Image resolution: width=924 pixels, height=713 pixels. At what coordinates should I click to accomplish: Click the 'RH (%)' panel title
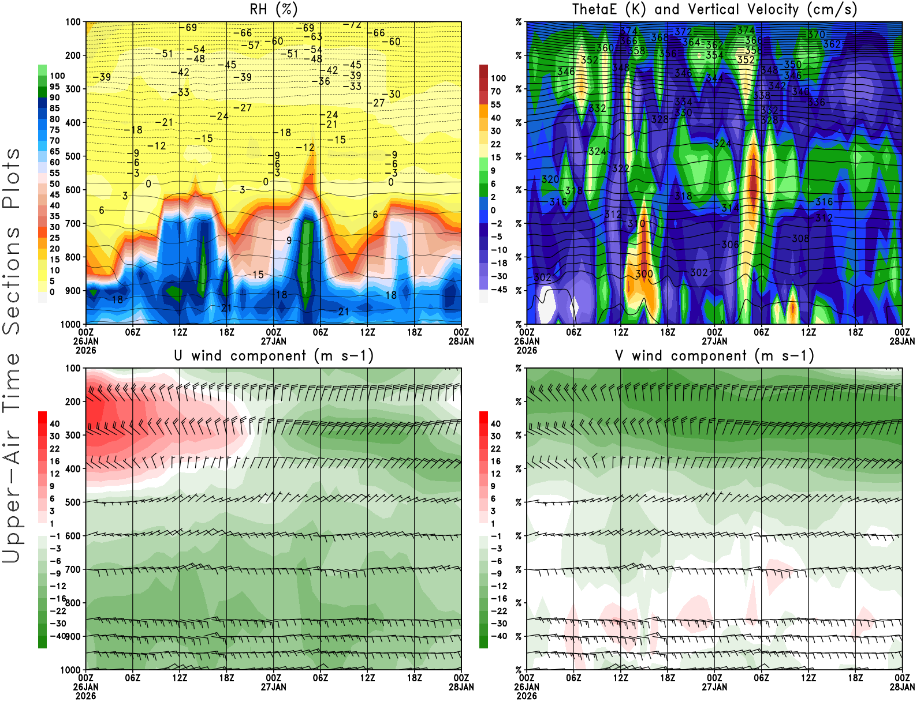[x=274, y=10]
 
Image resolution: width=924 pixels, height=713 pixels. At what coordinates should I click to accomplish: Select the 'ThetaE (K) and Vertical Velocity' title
[x=714, y=10]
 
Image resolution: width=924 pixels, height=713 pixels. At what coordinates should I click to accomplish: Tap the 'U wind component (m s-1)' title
[x=274, y=356]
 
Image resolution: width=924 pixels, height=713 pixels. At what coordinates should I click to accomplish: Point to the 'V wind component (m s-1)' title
[x=714, y=356]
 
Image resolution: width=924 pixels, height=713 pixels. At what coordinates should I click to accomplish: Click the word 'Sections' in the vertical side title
[x=12, y=280]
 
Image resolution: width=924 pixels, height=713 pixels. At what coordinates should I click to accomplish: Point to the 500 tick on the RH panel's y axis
[x=73, y=156]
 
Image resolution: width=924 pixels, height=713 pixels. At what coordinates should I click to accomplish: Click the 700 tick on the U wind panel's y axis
[x=73, y=569]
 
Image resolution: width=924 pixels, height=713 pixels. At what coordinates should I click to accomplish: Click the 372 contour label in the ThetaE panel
[x=683, y=32]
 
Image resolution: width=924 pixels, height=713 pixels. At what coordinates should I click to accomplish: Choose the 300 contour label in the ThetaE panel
[x=644, y=274]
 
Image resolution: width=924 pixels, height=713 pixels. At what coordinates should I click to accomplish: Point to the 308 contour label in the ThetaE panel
[x=800, y=238]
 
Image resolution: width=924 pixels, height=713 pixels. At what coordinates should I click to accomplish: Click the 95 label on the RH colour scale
[x=54, y=87]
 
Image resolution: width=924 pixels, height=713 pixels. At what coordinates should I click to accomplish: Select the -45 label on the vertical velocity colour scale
[x=499, y=290]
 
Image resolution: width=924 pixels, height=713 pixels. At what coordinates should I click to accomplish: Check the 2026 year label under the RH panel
[x=85, y=350]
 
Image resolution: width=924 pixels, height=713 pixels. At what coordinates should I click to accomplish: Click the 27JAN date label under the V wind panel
[x=714, y=687]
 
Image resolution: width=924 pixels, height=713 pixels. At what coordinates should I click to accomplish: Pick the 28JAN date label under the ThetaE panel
[x=902, y=341]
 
